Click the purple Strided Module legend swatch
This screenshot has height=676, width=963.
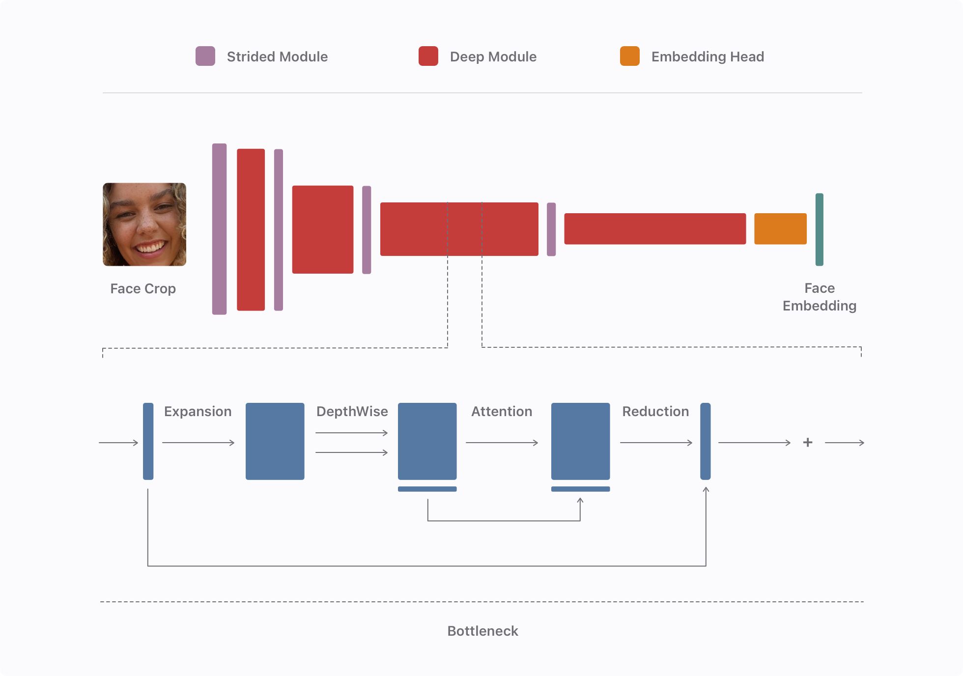click(x=205, y=56)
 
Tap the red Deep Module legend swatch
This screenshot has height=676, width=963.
click(x=428, y=56)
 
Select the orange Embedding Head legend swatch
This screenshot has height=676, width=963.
click(x=630, y=56)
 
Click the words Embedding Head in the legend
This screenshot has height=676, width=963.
click(x=708, y=57)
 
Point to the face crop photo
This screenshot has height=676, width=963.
click(x=144, y=225)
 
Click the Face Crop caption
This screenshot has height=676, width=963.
click(x=143, y=289)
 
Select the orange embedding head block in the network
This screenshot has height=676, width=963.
click(x=780, y=228)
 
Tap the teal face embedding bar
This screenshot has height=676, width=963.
click(x=820, y=229)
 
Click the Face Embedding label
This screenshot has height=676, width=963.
click(x=820, y=297)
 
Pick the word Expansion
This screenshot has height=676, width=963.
click(x=198, y=412)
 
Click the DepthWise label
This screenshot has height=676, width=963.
click(x=352, y=412)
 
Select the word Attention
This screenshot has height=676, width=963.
click(x=502, y=412)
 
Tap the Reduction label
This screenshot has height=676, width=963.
click(x=655, y=412)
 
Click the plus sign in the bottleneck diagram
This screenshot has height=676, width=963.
click(x=808, y=443)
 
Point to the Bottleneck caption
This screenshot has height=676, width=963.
click(x=482, y=631)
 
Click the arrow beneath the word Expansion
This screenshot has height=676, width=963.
click(x=198, y=443)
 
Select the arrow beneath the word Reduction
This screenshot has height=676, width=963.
click(x=656, y=443)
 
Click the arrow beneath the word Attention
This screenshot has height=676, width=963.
click(x=502, y=443)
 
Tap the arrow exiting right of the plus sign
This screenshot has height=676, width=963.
click(x=845, y=443)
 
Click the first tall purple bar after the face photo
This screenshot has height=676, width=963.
click(x=219, y=229)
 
